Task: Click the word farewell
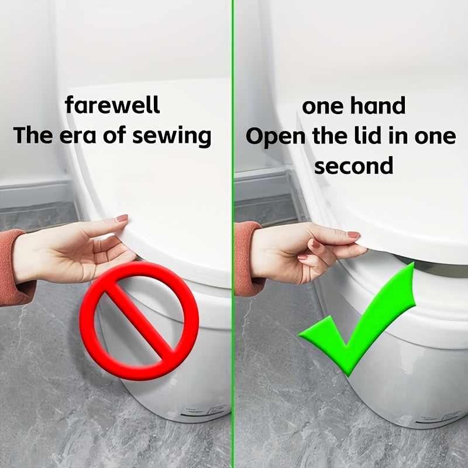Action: tap(112, 105)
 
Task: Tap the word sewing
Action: tap(171, 136)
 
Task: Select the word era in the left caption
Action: tap(78, 136)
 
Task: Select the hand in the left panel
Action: tap(75, 249)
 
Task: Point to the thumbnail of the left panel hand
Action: tap(122, 218)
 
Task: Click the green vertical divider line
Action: tap(233, 234)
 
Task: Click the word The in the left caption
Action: tap(32, 135)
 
